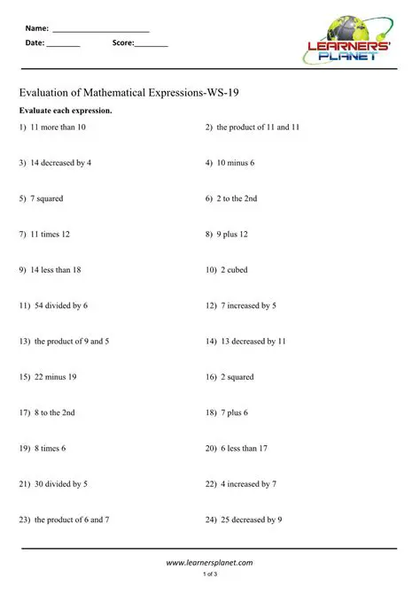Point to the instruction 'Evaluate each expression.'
click(x=66, y=111)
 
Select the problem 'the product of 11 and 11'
click(x=258, y=127)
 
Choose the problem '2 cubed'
click(x=240, y=270)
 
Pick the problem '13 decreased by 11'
click(x=253, y=341)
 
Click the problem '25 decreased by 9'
click(x=251, y=520)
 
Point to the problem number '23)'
click(x=25, y=520)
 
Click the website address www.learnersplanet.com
click(x=210, y=562)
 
